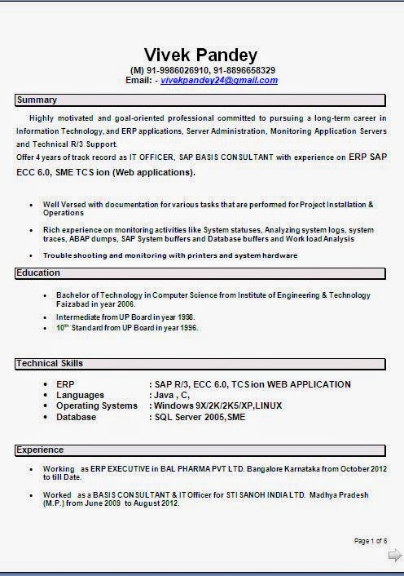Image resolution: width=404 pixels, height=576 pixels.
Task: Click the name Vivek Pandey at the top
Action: point(200,55)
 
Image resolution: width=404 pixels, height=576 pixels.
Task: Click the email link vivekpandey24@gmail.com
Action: point(219,81)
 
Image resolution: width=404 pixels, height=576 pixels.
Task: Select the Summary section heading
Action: point(37,100)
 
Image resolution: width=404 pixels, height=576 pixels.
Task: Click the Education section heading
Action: point(39,273)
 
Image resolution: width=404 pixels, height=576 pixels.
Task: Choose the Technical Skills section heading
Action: point(50,363)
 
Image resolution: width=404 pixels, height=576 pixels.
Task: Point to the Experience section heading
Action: point(41,450)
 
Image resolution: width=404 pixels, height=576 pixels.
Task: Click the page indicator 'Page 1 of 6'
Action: point(371,541)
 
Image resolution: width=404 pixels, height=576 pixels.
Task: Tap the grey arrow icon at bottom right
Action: point(394,556)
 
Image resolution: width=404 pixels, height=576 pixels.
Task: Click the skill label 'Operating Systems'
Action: point(96,406)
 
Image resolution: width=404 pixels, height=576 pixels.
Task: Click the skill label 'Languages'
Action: point(80,395)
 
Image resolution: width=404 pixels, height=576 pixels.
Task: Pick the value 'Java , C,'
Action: point(172,395)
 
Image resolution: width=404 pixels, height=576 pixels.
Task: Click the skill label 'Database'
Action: point(76,417)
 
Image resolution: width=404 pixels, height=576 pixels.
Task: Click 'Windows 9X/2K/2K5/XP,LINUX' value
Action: point(220,406)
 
